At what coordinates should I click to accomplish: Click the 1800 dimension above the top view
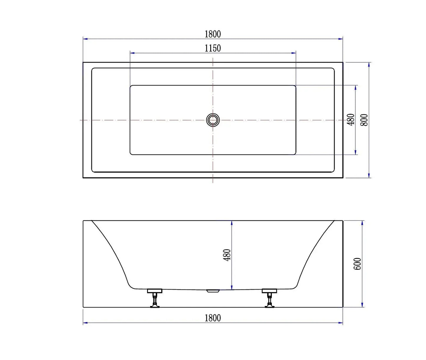tap(213, 34)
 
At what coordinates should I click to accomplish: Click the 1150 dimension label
tap(213, 48)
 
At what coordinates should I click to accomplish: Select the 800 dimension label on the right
tap(364, 120)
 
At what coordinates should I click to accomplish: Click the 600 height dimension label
tap(357, 264)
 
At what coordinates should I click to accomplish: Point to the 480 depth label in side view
tap(227, 255)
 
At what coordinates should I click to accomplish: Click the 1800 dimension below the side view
tap(213, 318)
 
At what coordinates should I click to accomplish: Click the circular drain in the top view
tap(213, 120)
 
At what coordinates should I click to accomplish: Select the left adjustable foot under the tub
tap(155, 298)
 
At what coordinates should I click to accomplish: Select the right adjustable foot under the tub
tap(269, 298)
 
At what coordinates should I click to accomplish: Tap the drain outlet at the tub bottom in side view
tap(213, 291)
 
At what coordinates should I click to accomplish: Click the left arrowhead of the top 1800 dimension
tap(85, 39)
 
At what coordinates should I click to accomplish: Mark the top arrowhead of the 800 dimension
tap(369, 64)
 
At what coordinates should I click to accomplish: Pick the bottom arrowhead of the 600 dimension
tap(362, 305)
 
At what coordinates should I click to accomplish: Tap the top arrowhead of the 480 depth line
tap(232, 222)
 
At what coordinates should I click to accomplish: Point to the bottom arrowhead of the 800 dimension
tap(369, 176)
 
